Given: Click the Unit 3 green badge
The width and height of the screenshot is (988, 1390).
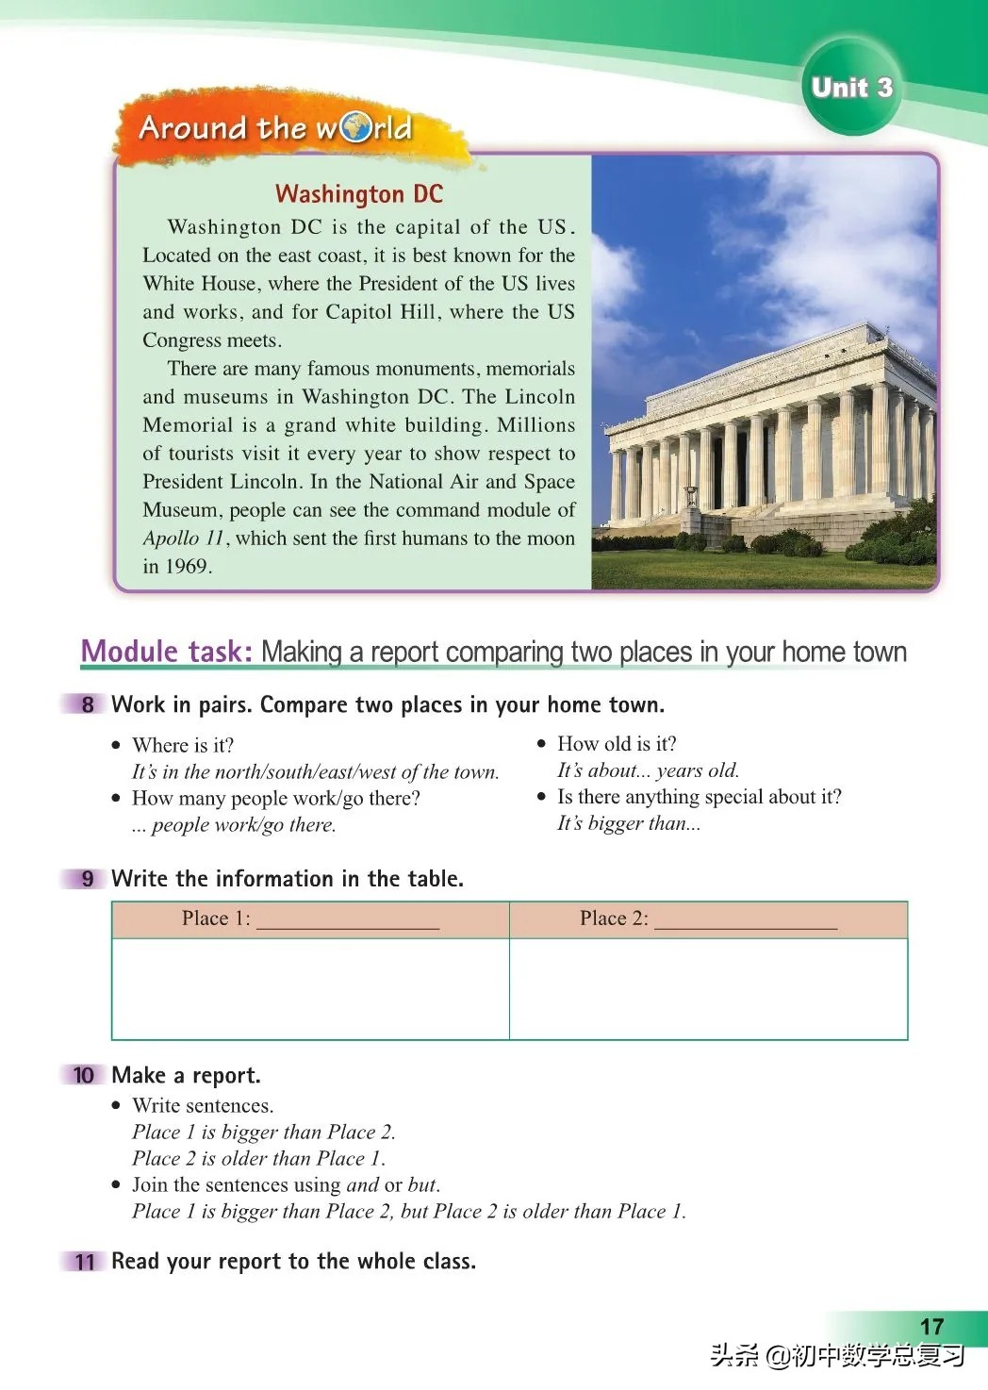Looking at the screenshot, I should point(850,87).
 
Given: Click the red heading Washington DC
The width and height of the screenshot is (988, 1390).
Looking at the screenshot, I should point(358,194).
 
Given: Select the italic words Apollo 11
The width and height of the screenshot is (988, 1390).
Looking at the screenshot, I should point(184,538).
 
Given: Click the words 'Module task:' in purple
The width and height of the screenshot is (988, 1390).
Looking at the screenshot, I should point(166,652).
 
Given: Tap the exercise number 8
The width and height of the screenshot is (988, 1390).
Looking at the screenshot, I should point(88,704).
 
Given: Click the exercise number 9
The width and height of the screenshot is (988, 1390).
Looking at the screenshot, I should point(88,879).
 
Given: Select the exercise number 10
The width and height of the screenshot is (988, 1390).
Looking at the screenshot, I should point(84,1075).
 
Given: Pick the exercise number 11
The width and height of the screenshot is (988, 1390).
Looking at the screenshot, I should point(85,1262).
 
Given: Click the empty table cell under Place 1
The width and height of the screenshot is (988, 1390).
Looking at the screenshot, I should point(310,988).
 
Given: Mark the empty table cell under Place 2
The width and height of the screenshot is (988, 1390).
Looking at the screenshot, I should point(708,988).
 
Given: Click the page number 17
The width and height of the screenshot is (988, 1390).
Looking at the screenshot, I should point(931,1326).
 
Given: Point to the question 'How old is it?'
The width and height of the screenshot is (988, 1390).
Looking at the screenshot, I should point(617,744).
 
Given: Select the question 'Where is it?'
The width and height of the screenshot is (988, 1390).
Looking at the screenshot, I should point(183,745).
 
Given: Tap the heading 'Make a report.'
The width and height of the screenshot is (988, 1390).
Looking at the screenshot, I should point(186,1075).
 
